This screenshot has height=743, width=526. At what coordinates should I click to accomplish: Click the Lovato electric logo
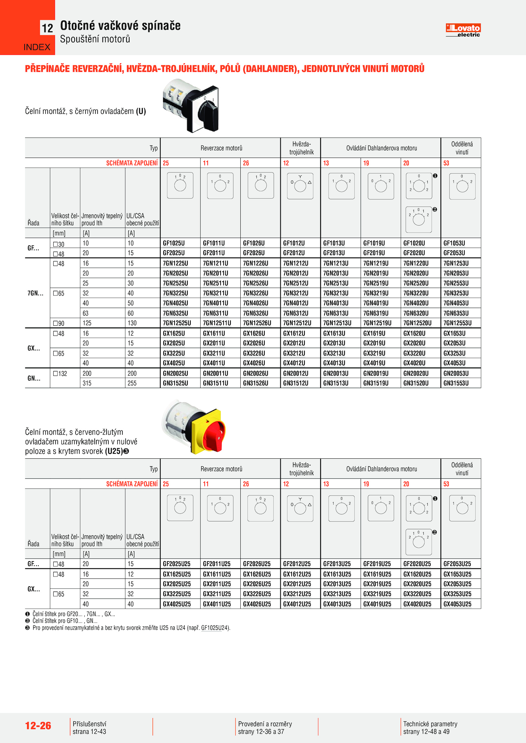coord(463,30)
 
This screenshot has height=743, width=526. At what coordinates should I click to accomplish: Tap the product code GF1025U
coord(174,243)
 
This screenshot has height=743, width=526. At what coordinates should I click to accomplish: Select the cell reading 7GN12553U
coord(457,323)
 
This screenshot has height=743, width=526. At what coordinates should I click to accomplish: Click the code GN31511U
coord(216,383)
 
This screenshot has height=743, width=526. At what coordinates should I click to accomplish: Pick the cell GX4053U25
coord(457,604)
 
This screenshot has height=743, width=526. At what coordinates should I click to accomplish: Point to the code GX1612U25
coord(297,574)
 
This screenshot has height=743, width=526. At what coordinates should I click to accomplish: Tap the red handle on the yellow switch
coord(214,433)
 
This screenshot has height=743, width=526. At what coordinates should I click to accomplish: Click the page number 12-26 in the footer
coord(38,726)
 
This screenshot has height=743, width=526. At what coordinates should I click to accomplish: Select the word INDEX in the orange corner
coord(37,47)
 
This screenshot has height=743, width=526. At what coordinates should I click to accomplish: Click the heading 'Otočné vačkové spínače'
coord(120,26)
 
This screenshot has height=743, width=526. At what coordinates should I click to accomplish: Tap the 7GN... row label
coord(35,293)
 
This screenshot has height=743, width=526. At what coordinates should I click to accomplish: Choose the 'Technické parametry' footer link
coord(430,724)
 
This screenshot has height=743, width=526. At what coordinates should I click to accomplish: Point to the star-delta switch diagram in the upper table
coord(300,186)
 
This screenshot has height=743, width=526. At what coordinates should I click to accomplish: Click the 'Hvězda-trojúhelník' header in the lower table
coord(301,469)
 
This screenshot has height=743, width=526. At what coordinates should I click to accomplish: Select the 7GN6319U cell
coord(376,313)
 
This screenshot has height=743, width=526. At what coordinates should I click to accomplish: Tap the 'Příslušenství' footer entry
coord(89,724)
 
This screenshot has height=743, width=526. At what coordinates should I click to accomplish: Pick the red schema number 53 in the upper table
coord(446,163)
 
